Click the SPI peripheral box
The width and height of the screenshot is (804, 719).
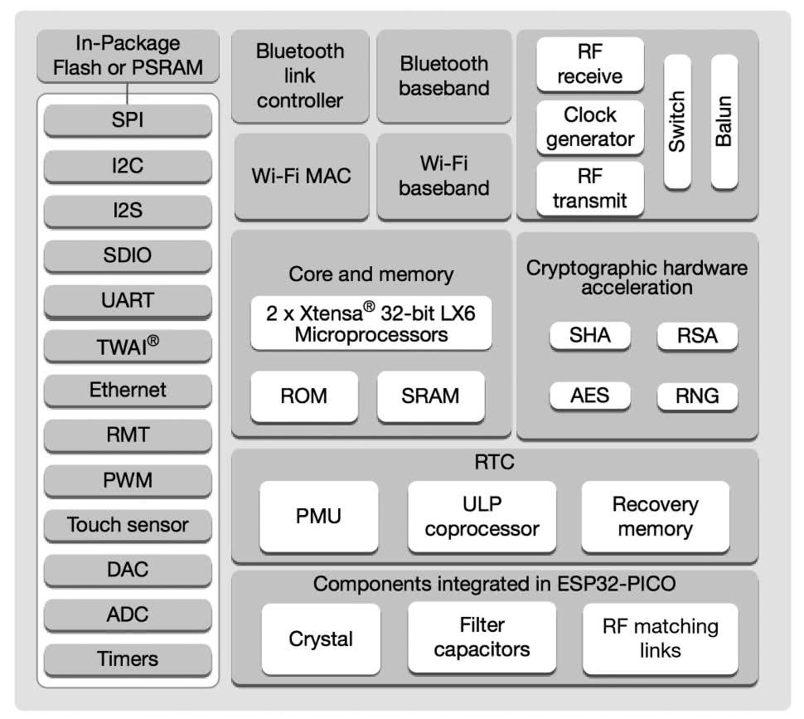pyautogui.click(x=128, y=120)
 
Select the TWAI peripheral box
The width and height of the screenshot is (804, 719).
pyautogui.click(x=128, y=346)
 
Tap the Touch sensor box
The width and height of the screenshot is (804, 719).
pyautogui.click(x=128, y=525)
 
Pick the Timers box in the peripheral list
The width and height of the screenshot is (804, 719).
pyautogui.click(x=128, y=660)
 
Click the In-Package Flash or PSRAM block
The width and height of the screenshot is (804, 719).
pyautogui.click(x=128, y=56)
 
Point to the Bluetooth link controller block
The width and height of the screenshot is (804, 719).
pyautogui.click(x=299, y=76)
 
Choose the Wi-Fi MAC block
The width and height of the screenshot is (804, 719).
pyautogui.click(x=301, y=176)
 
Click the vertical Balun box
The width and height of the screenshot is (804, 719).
pyautogui.click(x=724, y=122)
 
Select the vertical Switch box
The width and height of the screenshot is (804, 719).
pyautogui.click(x=677, y=122)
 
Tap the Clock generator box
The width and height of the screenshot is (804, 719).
pyautogui.click(x=589, y=127)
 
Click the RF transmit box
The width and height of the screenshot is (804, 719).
pyautogui.click(x=589, y=188)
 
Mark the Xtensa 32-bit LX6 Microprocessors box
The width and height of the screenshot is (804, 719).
pyautogui.click(x=371, y=323)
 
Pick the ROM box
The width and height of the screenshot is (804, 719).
pyautogui.click(x=303, y=396)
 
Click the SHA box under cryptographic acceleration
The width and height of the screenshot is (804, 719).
pyautogui.click(x=589, y=335)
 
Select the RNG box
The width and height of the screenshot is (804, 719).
pyautogui.click(x=697, y=396)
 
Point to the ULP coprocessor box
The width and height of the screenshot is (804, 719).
pyautogui.click(x=482, y=517)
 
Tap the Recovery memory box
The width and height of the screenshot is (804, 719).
pyautogui.click(x=655, y=517)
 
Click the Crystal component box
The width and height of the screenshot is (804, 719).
pyautogui.click(x=321, y=639)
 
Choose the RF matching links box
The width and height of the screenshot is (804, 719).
pyautogui.click(x=660, y=639)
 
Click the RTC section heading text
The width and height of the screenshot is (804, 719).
pyautogui.click(x=494, y=462)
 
